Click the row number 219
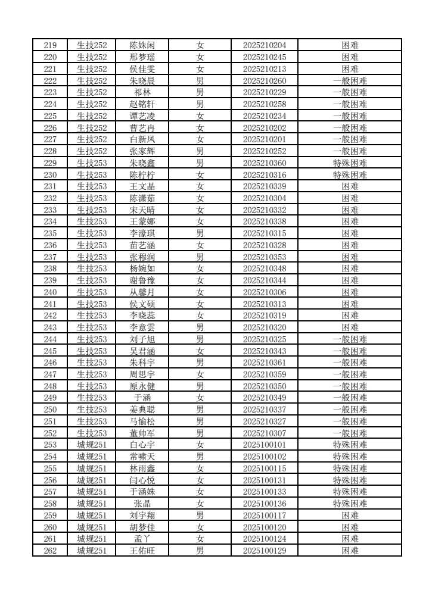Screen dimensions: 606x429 pyautogui.click(x=51, y=45)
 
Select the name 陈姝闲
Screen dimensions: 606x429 pyautogui.click(x=142, y=45)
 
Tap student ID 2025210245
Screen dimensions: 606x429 pyautogui.click(x=265, y=57)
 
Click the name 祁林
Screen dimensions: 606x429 pyautogui.click(x=142, y=92)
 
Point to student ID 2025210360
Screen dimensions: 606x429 pyautogui.click(x=265, y=163)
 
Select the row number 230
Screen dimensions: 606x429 pyautogui.click(x=51, y=174)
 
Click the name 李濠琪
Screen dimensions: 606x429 pyautogui.click(x=142, y=233)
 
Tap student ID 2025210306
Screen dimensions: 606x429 pyautogui.click(x=265, y=292)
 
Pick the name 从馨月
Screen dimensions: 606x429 pyautogui.click(x=142, y=292)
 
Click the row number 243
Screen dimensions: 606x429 pyautogui.click(x=51, y=327)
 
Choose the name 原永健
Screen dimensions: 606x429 pyautogui.click(x=142, y=386)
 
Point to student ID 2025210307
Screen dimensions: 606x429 pyautogui.click(x=265, y=433)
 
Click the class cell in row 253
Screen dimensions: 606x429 pyautogui.click(x=92, y=445)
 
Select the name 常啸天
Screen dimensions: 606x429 pyautogui.click(x=142, y=457)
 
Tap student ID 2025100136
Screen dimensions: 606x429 pyautogui.click(x=265, y=504)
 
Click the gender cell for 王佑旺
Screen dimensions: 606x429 pyautogui.click(x=200, y=551)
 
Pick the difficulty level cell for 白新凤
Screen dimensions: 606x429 pyautogui.click(x=350, y=139)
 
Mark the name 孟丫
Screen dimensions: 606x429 pyautogui.click(x=142, y=539)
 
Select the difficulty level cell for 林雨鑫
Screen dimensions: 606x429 pyautogui.click(x=350, y=468)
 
